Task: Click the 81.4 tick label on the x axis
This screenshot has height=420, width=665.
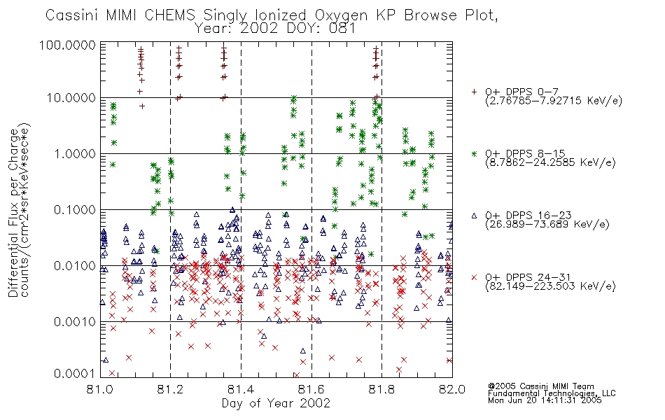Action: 241,389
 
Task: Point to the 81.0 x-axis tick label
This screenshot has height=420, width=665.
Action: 100,389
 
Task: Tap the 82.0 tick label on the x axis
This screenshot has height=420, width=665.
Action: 452,389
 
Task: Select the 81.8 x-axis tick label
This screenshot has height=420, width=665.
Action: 381,389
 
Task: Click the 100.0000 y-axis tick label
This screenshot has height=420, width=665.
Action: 68,45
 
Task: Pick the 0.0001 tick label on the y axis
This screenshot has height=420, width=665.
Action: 75,373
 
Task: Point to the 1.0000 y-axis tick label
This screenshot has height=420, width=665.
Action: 75,153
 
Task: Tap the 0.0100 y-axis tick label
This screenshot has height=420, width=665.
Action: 75,266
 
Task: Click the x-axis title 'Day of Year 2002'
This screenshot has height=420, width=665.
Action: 276,403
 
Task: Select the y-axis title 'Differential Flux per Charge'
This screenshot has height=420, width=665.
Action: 14,213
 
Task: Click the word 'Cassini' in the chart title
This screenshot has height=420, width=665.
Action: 72,15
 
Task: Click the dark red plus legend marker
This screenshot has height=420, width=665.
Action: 474,92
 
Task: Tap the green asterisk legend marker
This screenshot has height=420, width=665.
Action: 474,153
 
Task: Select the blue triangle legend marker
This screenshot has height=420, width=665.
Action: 474,216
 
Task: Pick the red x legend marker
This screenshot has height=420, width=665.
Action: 474,277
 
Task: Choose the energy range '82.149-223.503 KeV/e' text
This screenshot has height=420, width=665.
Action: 550,286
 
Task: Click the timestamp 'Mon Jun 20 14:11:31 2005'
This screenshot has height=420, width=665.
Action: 545,400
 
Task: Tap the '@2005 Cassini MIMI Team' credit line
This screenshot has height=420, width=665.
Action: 541,386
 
